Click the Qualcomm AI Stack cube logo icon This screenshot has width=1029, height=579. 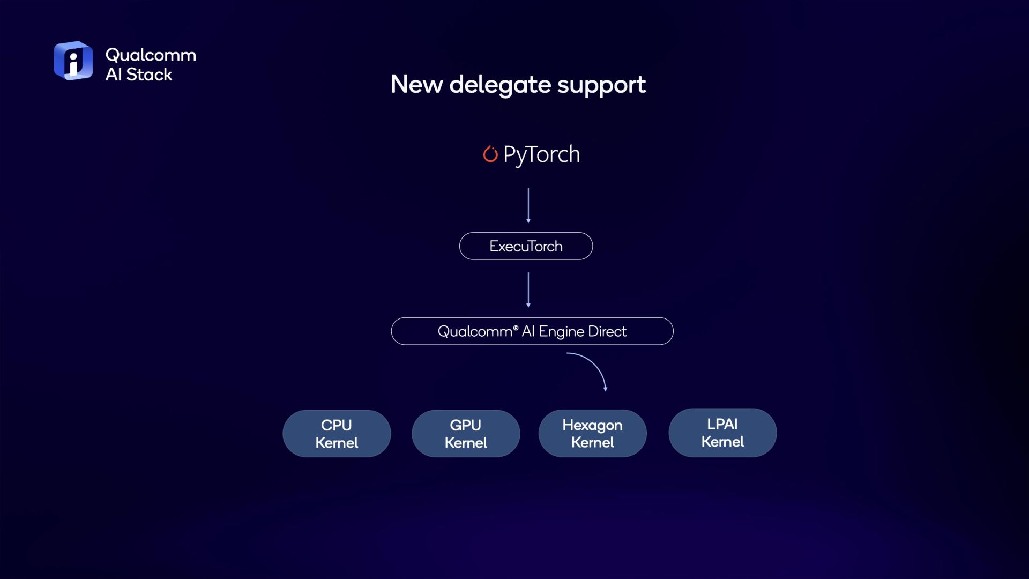(73, 61)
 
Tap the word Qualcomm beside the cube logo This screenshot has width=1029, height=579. (151, 55)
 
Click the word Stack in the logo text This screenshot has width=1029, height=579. (149, 75)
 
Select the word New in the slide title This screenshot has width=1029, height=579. (416, 84)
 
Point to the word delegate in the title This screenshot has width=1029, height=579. (500, 85)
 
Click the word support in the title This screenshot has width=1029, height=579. (601, 86)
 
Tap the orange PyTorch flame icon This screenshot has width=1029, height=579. (490, 154)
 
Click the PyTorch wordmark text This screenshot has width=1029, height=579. (541, 155)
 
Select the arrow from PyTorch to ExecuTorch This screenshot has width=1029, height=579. (528, 205)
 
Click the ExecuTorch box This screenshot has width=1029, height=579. (526, 246)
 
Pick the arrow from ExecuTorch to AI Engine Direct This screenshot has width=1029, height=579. (528, 289)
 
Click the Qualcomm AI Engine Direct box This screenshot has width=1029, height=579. (532, 331)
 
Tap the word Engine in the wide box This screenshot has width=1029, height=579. (561, 332)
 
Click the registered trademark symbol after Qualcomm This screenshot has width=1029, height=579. (516, 328)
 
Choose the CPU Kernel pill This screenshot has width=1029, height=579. (337, 434)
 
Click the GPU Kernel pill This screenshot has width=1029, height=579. (466, 434)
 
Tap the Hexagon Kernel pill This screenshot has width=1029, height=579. (592, 433)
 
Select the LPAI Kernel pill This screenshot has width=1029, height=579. (722, 433)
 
